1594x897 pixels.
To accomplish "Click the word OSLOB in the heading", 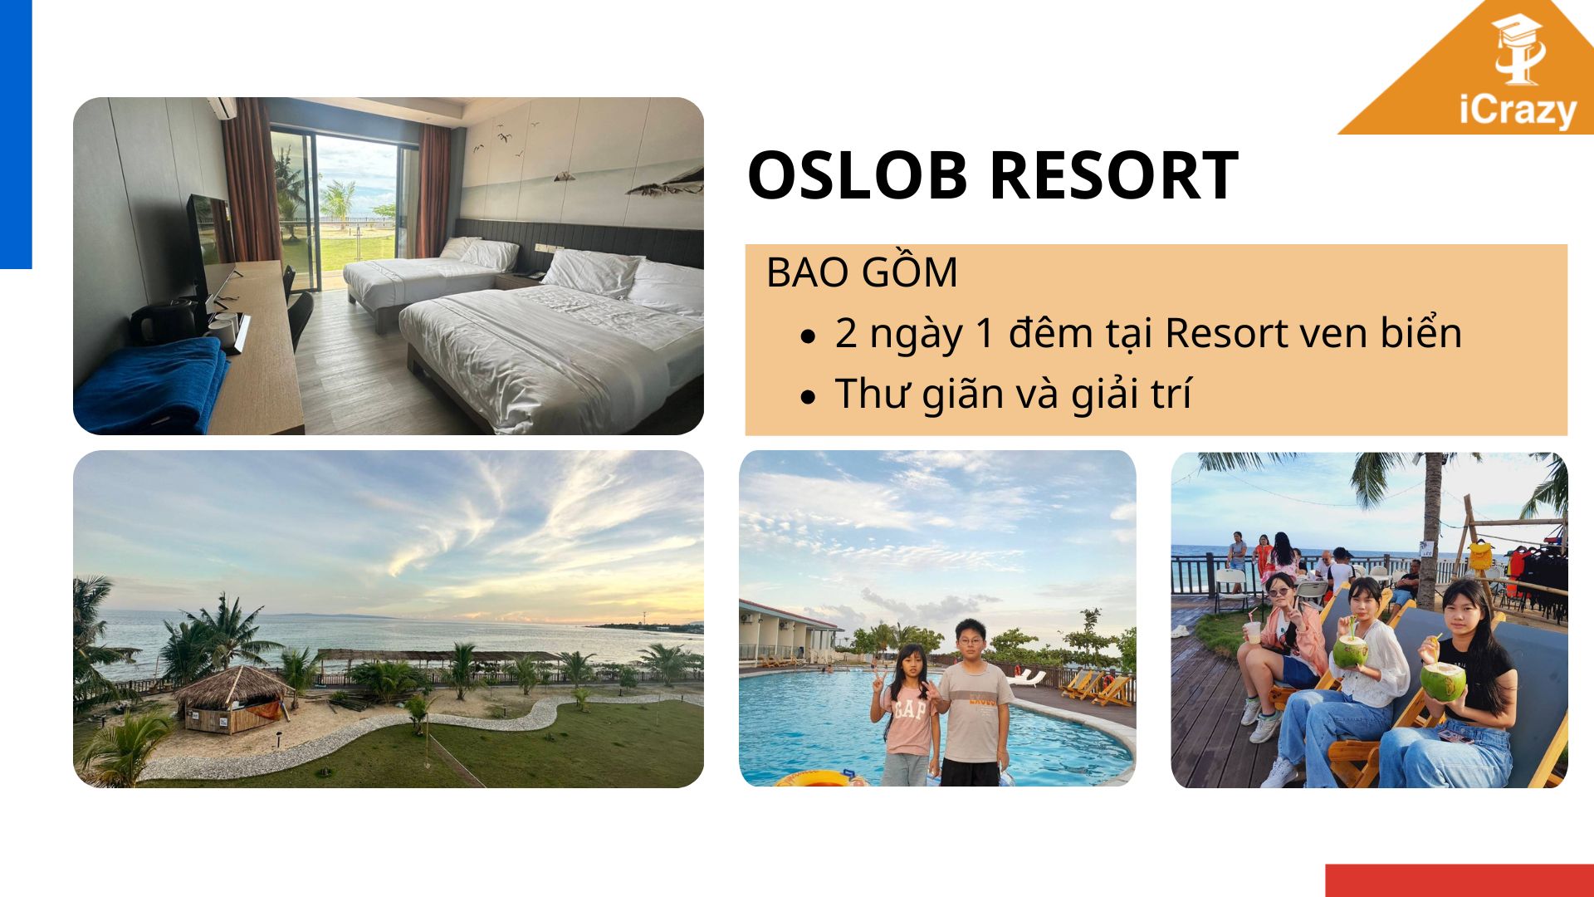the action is pyautogui.click(x=860, y=175).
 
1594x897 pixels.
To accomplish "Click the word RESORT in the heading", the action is pyautogui.click(x=1114, y=175).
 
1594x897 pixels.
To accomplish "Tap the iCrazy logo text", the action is pyautogui.click(x=1518, y=110).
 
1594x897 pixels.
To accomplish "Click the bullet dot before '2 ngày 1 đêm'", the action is pyautogui.click(x=809, y=336).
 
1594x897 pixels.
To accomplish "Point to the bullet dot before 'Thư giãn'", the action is pyautogui.click(x=809, y=397).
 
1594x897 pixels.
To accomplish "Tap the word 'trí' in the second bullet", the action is pyautogui.click(x=1172, y=392).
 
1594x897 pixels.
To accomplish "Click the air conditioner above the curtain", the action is pyautogui.click(x=222, y=107).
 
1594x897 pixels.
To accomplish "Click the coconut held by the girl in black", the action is pyautogui.click(x=1442, y=680).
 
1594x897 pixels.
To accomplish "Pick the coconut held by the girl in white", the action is pyautogui.click(x=1350, y=651).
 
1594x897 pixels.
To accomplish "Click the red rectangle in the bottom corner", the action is pyautogui.click(x=1460, y=880).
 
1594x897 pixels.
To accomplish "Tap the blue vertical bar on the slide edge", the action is pyautogui.click(x=16, y=134).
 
